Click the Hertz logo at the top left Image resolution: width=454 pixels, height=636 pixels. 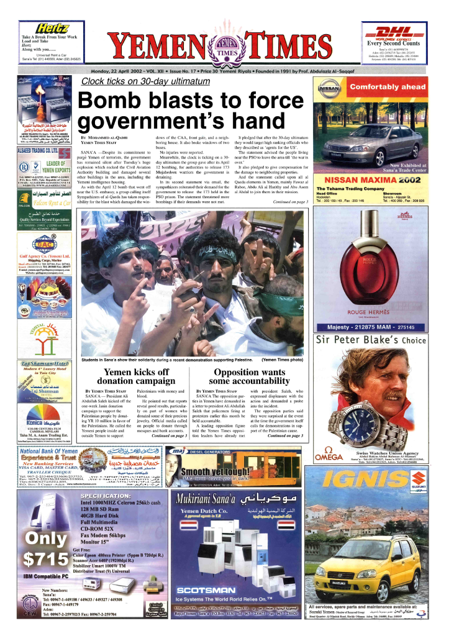pyautogui.click(x=53, y=28)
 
